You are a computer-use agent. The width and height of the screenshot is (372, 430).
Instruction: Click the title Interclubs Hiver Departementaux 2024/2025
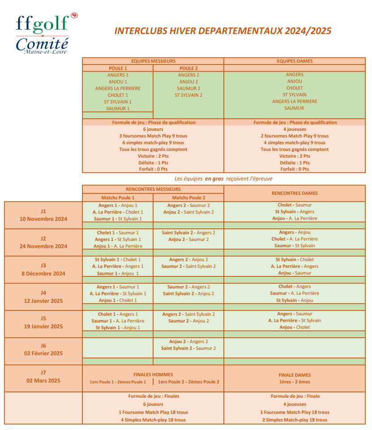tap(223, 31)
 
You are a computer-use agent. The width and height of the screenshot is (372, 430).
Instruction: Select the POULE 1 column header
tap(118, 68)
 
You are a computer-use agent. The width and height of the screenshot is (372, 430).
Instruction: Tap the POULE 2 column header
tap(188, 68)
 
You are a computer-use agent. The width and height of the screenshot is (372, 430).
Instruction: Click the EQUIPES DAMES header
tap(295, 61)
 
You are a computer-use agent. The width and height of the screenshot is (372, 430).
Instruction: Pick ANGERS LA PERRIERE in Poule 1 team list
tap(118, 88)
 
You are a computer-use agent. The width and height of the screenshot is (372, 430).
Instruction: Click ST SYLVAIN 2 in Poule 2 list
tap(188, 95)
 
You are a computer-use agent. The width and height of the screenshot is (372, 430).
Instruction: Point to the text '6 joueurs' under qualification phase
tap(153, 129)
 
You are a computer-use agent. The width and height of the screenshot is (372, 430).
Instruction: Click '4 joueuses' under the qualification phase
tap(295, 129)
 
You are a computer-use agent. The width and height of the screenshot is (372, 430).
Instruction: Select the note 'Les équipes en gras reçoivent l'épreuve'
tap(223, 178)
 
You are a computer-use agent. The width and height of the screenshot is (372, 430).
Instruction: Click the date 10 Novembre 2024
tap(43, 219)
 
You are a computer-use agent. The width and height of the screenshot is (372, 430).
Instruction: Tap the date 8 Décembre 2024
tap(43, 274)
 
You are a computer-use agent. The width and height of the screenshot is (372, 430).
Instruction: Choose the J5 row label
tap(43, 318)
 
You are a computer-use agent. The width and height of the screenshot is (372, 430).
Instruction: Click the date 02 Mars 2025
tap(43, 381)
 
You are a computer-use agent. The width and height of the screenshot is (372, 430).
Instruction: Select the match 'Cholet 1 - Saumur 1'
tap(118, 232)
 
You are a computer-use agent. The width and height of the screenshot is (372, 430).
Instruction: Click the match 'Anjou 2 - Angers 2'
tap(188, 341)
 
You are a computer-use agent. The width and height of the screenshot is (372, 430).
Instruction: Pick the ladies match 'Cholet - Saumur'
tap(295, 205)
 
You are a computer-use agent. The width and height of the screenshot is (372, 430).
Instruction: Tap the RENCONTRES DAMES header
tap(295, 193)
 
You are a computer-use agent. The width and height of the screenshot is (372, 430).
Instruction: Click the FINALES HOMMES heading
tap(153, 374)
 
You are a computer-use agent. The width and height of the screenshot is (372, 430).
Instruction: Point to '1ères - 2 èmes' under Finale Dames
tap(295, 382)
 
